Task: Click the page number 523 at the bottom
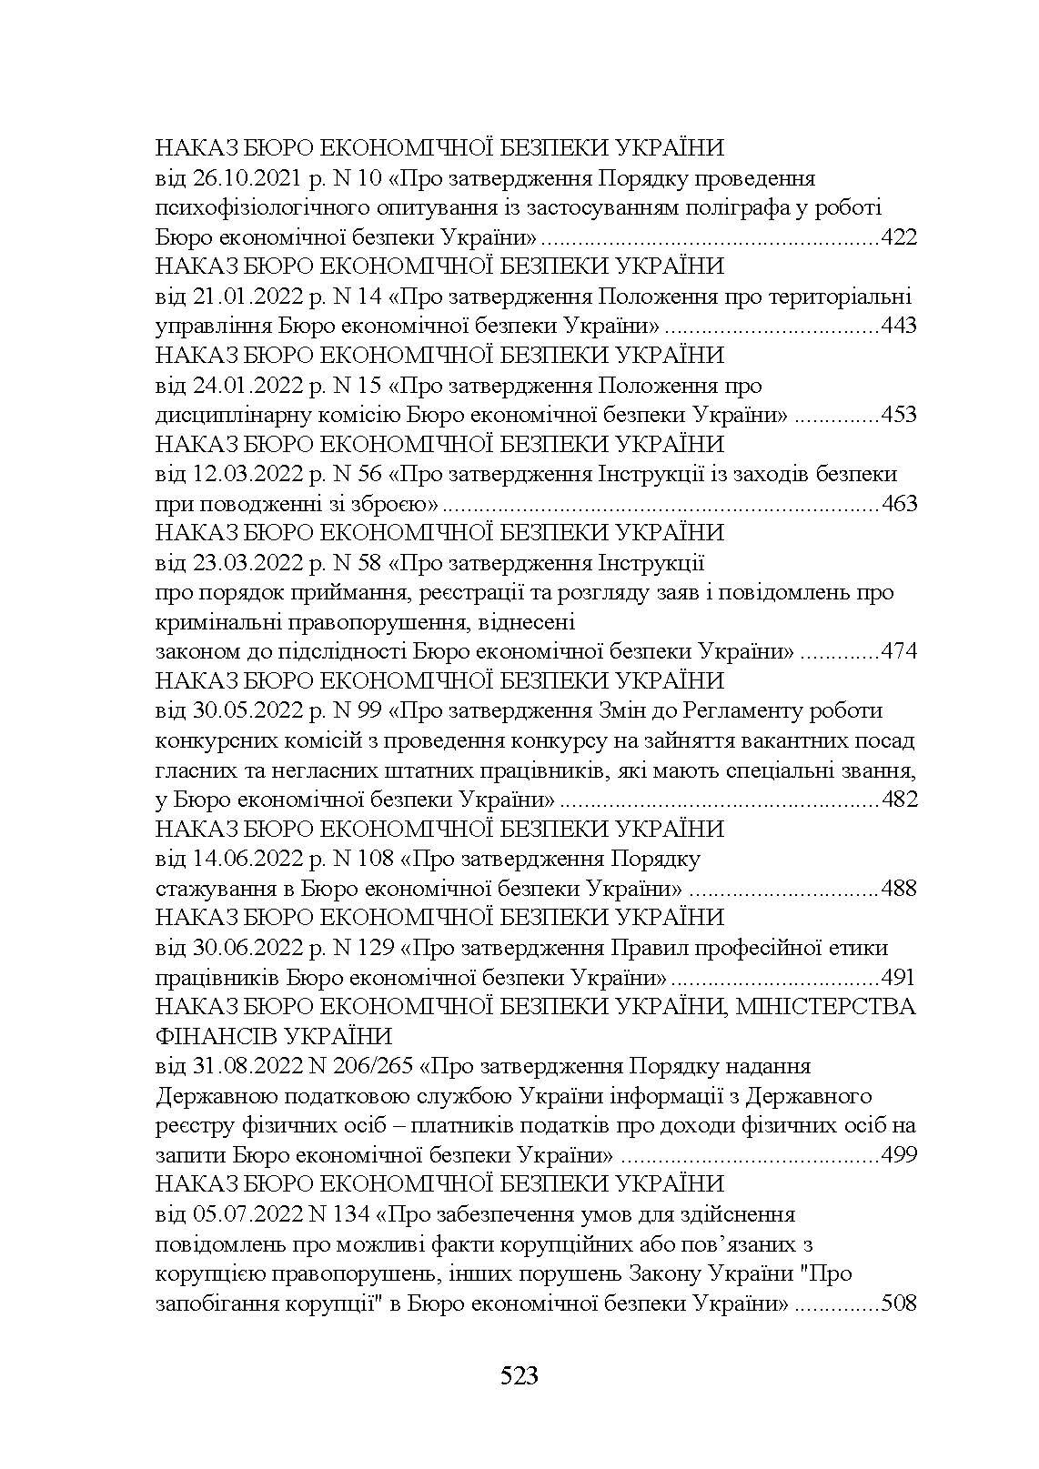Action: tap(519, 1375)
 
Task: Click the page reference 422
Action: tap(899, 238)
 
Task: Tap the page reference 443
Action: tap(899, 327)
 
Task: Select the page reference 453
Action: tap(899, 416)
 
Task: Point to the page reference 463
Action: tap(899, 504)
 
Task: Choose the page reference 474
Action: tap(899, 652)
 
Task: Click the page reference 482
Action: tap(899, 800)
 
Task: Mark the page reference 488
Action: tap(899, 889)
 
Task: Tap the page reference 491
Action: tap(899, 978)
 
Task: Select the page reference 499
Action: tap(899, 1155)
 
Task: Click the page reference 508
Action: tap(899, 1303)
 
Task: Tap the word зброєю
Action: tap(398, 504)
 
